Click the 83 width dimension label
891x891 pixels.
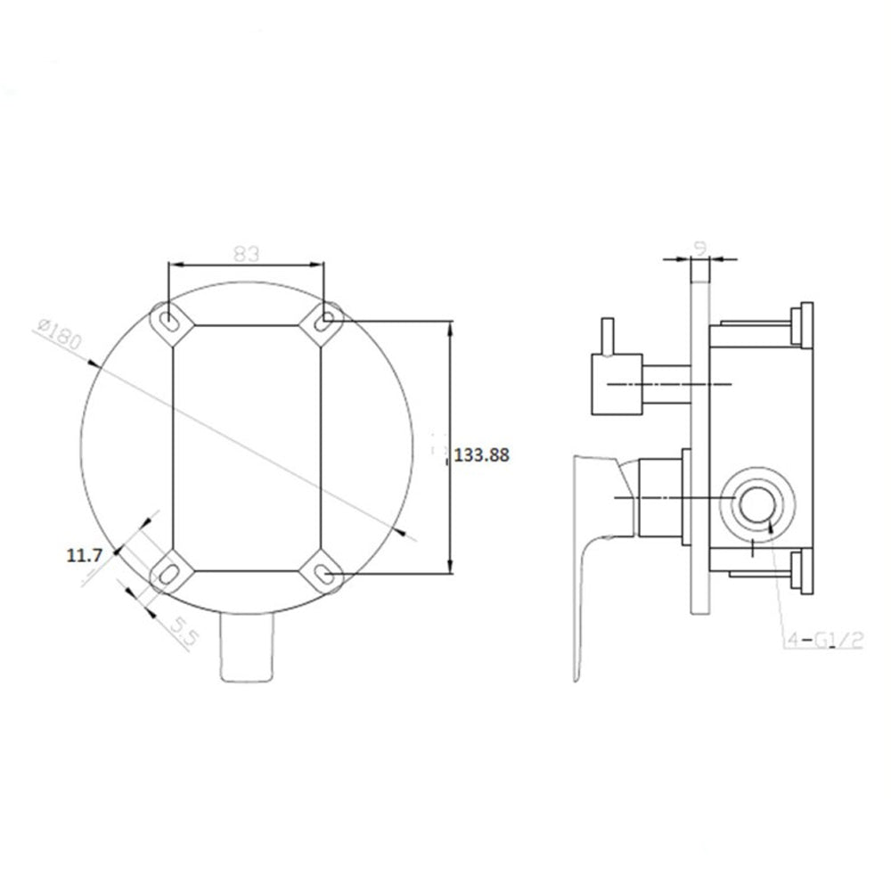coord(247,252)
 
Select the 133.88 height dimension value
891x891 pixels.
coord(481,454)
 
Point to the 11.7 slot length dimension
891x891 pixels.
coord(85,555)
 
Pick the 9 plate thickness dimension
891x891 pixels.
coord(701,243)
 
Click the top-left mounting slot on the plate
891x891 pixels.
coord(167,321)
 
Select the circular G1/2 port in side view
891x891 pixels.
coord(755,504)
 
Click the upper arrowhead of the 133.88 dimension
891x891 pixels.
coord(451,328)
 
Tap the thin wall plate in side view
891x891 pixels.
coord(700,445)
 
